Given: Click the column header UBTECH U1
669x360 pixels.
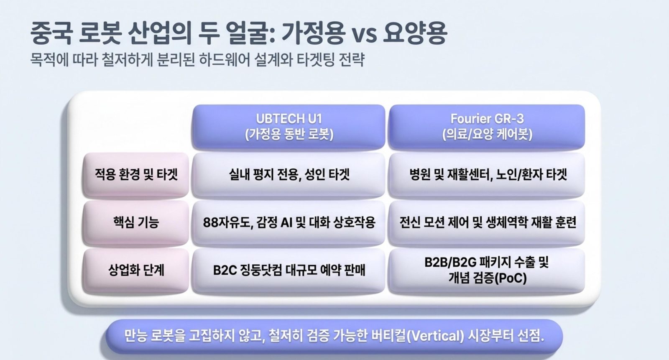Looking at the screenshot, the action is [x=289, y=127].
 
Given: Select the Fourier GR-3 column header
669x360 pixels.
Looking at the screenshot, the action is [x=487, y=127].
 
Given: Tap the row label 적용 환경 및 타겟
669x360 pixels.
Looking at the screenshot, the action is [x=136, y=175].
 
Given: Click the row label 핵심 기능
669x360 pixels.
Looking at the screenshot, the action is [x=136, y=222].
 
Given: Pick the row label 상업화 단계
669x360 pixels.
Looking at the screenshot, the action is [x=136, y=271].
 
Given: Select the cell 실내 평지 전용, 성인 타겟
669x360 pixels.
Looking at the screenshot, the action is [x=289, y=175].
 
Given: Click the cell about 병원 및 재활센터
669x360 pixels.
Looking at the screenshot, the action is [x=487, y=175].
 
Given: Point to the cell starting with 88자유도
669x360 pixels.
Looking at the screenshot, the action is [x=289, y=222].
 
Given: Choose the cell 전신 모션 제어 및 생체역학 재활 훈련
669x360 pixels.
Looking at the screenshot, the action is [x=487, y=222].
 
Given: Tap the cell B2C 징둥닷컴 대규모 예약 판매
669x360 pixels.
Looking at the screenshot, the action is [x=289, y=271].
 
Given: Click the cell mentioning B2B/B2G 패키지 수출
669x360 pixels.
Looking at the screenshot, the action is [x=487, y=271].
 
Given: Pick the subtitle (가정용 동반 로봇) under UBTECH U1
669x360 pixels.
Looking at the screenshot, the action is [x=289, y=134].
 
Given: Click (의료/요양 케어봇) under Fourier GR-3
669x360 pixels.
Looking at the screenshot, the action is [x=487, y=134].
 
